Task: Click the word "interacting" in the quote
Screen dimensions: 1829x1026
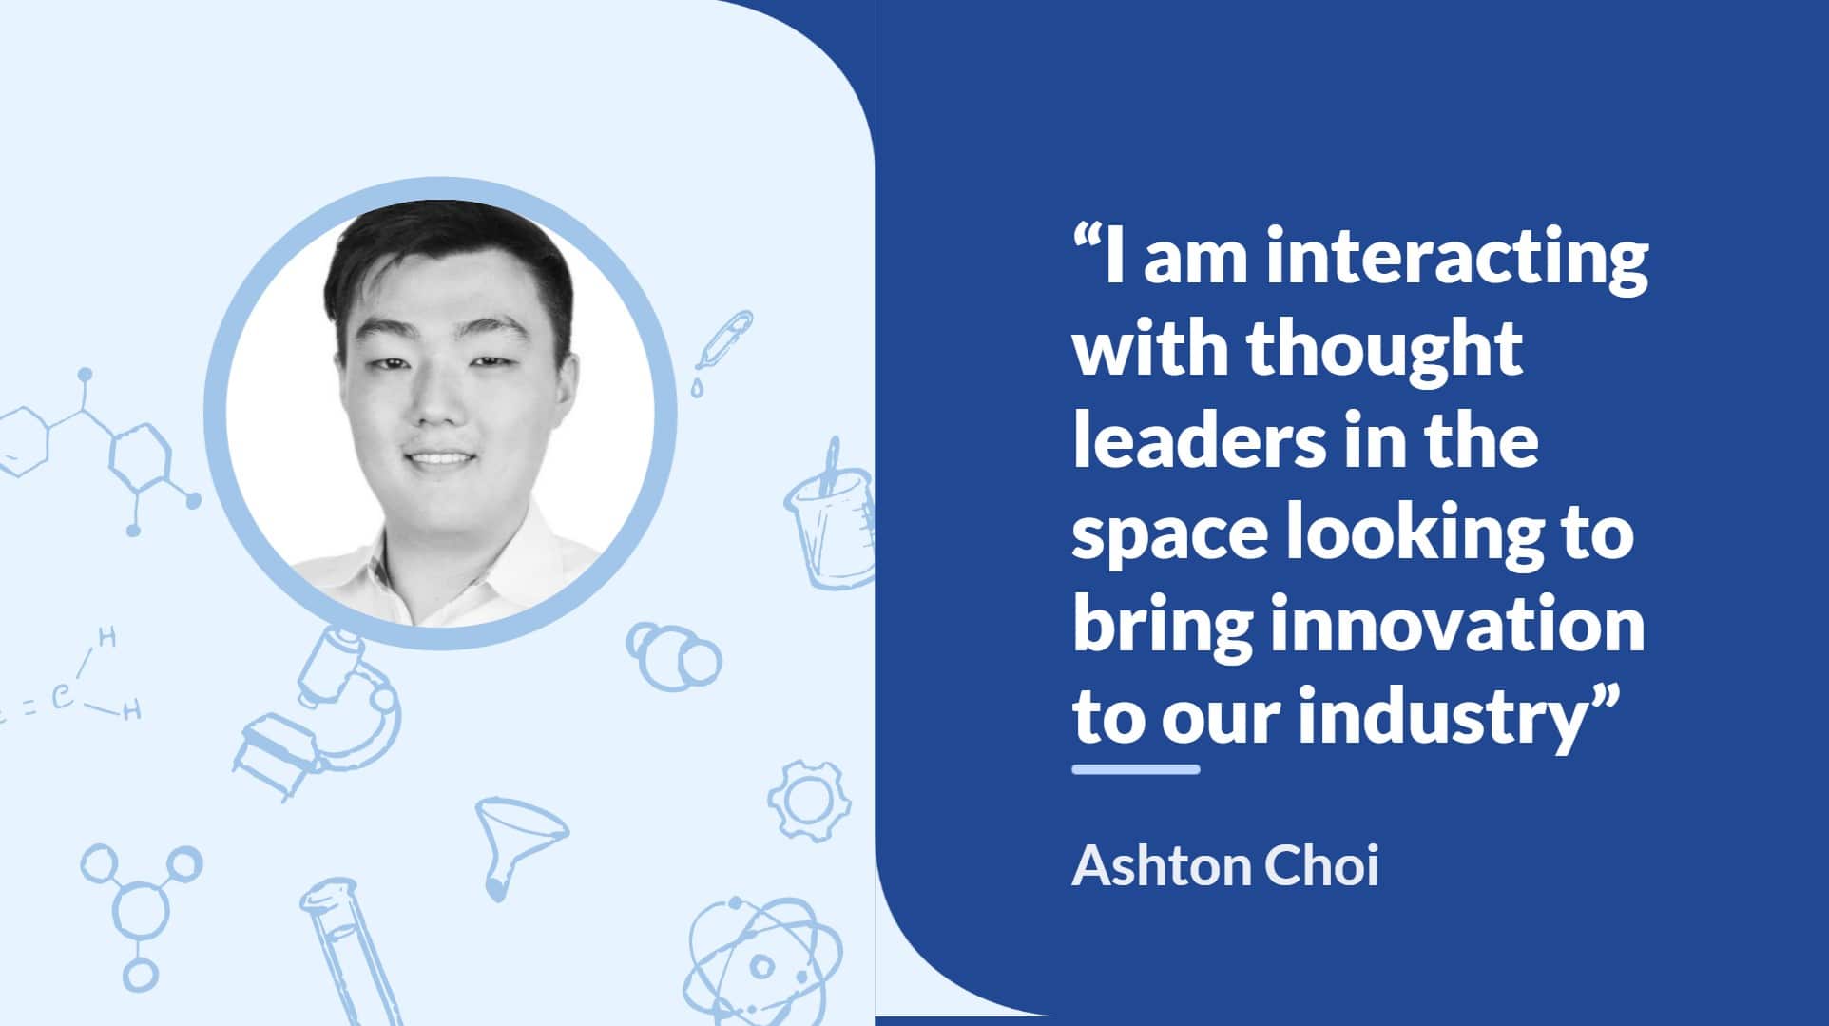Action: (x=1457, y=259)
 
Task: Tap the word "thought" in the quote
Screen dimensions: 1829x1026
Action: (x=1384, y=351)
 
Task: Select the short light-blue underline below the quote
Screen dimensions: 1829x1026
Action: (x=1136, y=769)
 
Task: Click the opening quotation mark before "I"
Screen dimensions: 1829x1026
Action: (x=1088, y=238)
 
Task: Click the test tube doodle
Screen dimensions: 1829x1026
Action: (x=342, y=951)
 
